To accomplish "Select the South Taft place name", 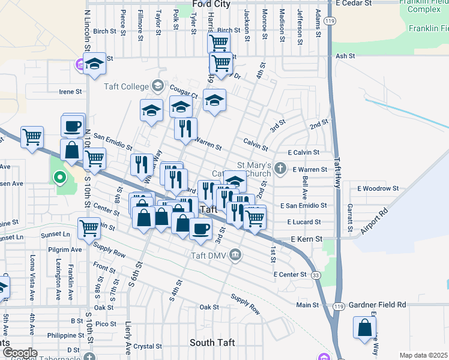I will (212, 343).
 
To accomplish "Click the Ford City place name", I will (211, 4).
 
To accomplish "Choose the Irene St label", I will (70, 92).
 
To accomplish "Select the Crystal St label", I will (148, 346).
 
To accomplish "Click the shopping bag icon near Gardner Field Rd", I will (364, 328).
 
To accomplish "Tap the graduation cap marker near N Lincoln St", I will (94, 63).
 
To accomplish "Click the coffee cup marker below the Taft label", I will (200, 228).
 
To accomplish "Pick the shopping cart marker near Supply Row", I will (89, 227).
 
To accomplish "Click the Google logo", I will (19, 353).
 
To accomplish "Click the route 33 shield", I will (316, 275).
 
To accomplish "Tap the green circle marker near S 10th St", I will (59, 177).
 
